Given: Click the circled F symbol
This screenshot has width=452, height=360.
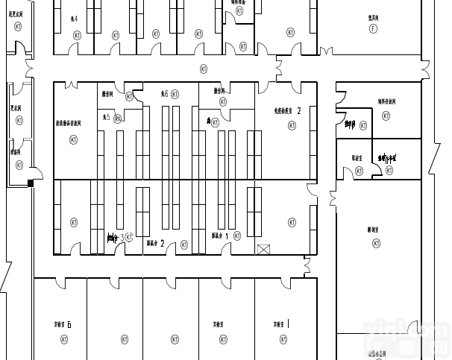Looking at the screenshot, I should [x=373, y=28].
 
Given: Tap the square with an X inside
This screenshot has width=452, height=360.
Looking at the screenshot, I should [x=262, y=249].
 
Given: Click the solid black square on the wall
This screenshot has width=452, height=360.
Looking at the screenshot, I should [x=31, y=183].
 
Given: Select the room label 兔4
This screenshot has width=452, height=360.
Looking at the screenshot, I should [x=73, y=18].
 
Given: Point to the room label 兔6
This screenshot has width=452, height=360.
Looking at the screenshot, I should [x=164, y=95].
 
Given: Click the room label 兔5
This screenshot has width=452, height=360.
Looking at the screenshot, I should [x=107, y=118].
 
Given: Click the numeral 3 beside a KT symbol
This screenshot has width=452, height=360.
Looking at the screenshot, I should [x=122, y=237].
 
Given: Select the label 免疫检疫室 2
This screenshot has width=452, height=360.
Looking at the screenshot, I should [x=288, y=110].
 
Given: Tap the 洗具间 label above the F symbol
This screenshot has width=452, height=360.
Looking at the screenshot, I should [x=373, y=16].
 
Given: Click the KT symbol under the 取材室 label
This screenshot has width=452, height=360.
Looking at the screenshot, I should [x=359, y=171].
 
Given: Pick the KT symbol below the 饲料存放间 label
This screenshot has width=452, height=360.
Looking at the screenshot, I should [x=386, y=116].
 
